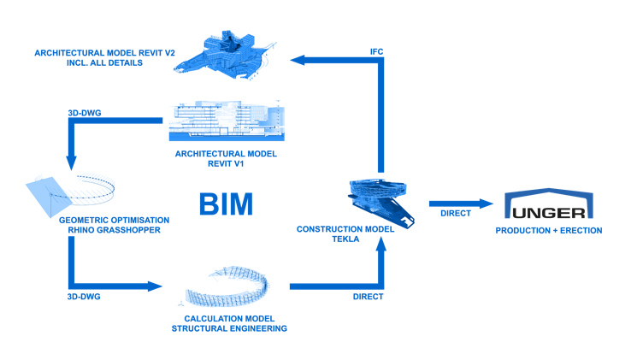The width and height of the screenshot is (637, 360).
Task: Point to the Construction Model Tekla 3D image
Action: (x=380, y=198)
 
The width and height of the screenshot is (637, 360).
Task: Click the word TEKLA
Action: (x=344, y=240)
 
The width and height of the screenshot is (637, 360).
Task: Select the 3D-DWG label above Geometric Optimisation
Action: (x=86, y=111)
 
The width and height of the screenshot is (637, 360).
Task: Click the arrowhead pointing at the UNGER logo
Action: (x=487, y=204)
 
